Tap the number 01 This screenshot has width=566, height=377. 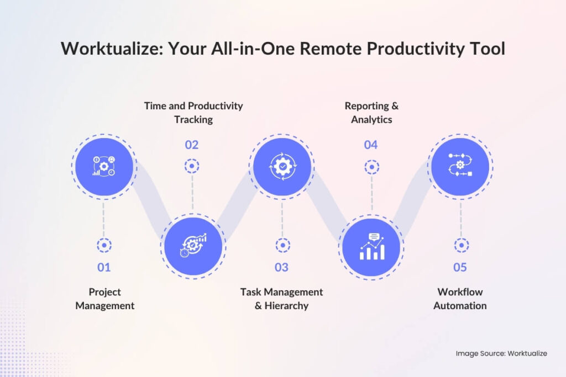(x=104, y=268)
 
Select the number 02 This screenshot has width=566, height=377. (x=192, y=145)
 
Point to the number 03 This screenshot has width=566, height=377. (x=281, y=268)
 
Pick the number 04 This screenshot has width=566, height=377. (x=371, y=145)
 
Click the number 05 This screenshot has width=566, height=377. (x=460, y=268)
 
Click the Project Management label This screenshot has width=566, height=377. (x=104, y=299)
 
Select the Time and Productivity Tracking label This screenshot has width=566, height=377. (x=193, y=112)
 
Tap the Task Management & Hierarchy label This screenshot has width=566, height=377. (x=281, y=299)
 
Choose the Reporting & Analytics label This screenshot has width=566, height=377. (x=371, y=112)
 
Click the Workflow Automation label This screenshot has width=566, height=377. (x=460, y=299)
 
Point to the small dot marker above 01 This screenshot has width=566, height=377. (x=104, y=246)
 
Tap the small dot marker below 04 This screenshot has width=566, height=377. (x=371, y=166)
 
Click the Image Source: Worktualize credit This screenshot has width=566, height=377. (x=501, y=353)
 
